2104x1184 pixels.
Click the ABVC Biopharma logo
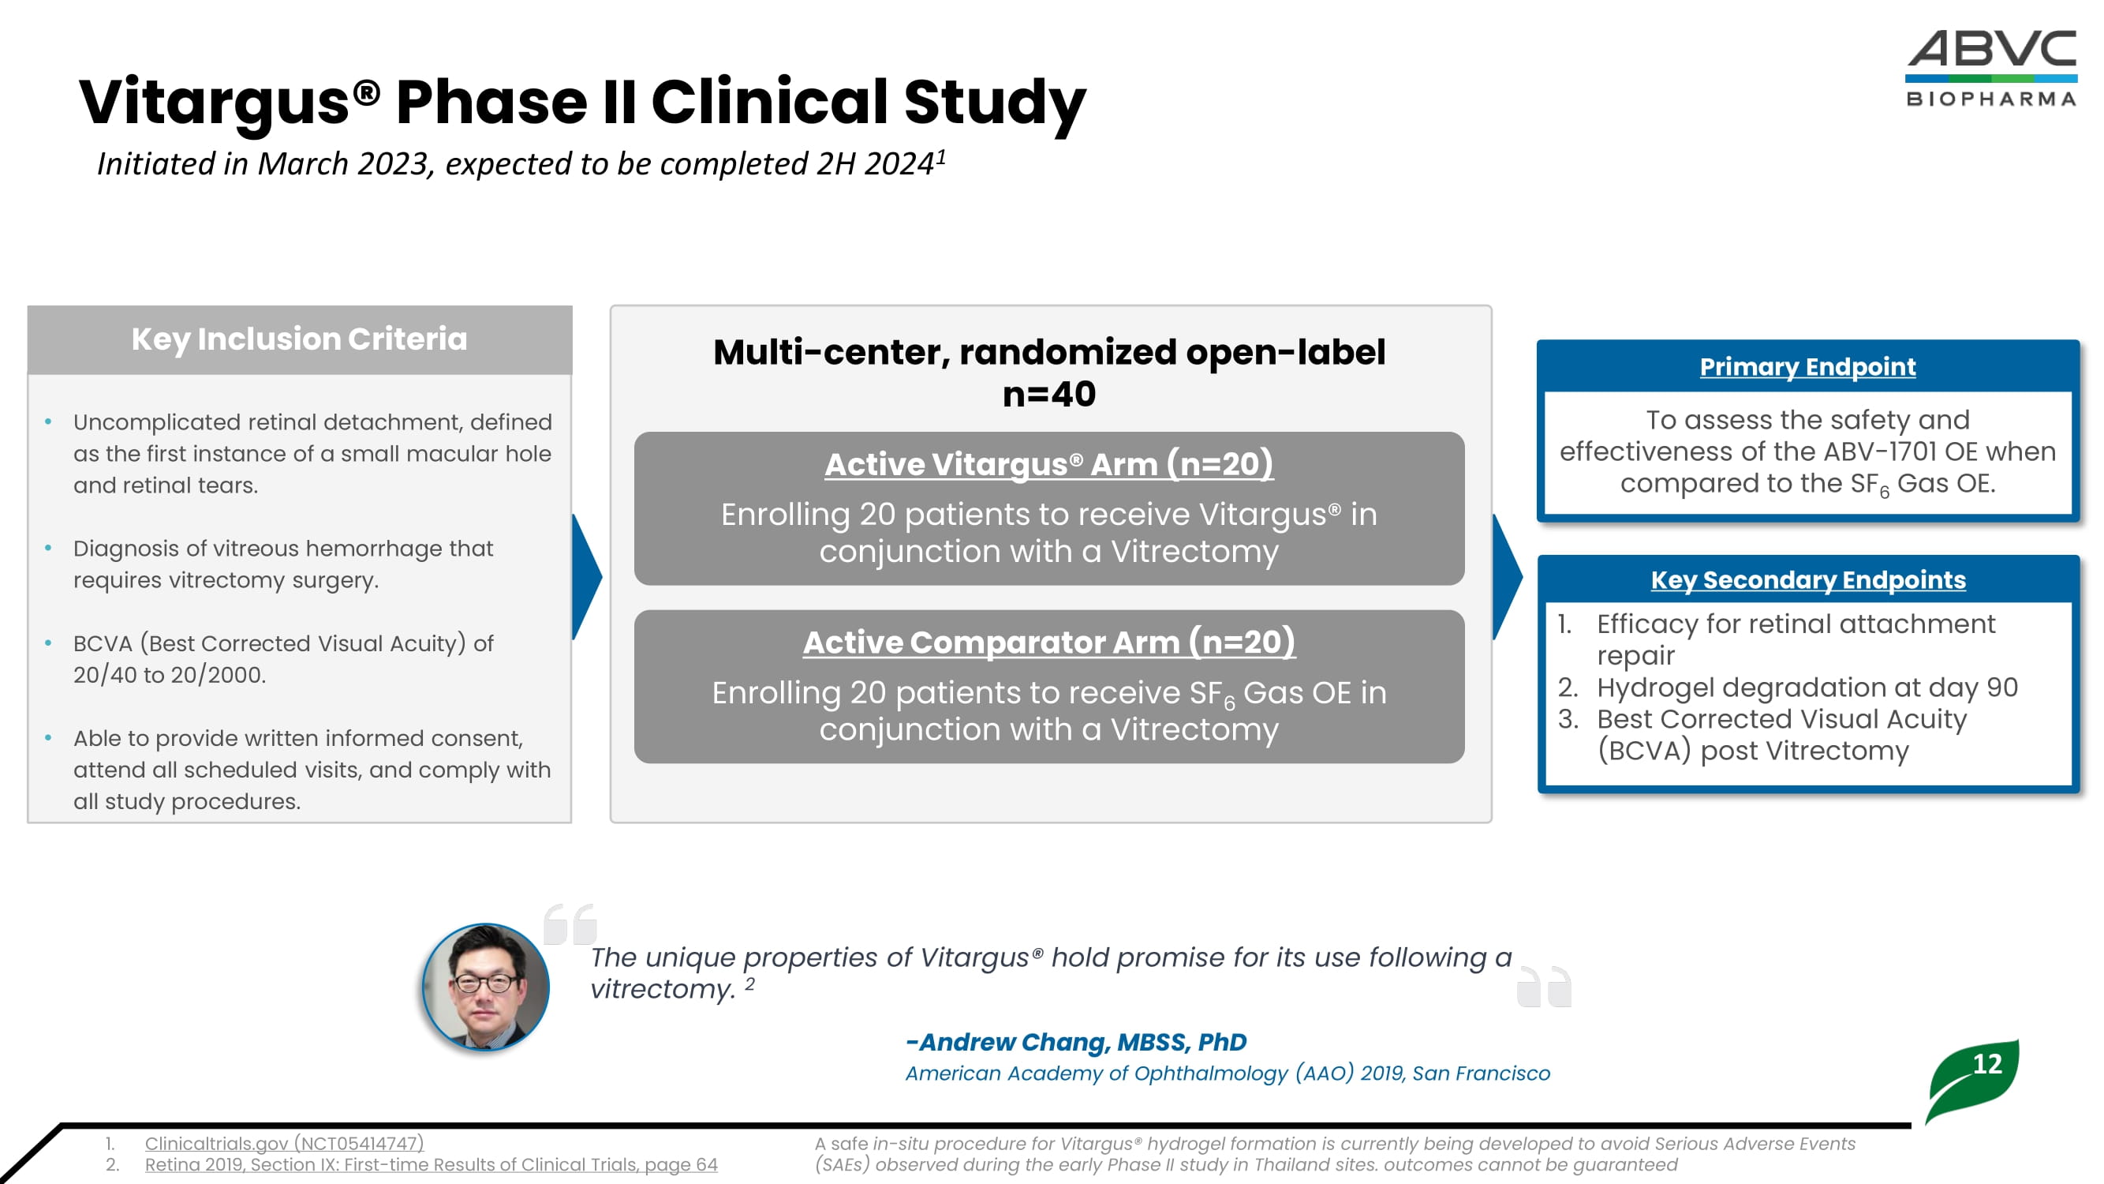(x=1990, y=69)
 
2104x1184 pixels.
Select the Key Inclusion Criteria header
(x=299, y=339)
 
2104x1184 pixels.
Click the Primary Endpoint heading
(x=1807, y=367)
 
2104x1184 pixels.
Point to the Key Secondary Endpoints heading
(x=1807, y=579)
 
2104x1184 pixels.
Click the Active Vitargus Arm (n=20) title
(x=1048, y=464)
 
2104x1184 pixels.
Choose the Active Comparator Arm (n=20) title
(x=1048, y=643)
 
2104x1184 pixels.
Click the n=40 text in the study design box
(x=1048, y=395)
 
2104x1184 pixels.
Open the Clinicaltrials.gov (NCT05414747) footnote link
(x=284, y=1143)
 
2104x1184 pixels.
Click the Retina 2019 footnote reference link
(x=431, y=1164)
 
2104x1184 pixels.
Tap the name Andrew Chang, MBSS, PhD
(x=1076, y=1042)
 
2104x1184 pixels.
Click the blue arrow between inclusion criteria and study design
(x=586, y=577)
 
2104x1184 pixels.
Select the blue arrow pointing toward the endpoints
(x=1507, y=577)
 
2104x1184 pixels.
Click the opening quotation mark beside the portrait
(x=570, y=924)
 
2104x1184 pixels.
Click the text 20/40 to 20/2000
(x=169, y=675)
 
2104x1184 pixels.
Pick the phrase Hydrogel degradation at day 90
(x=1807, y=688)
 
